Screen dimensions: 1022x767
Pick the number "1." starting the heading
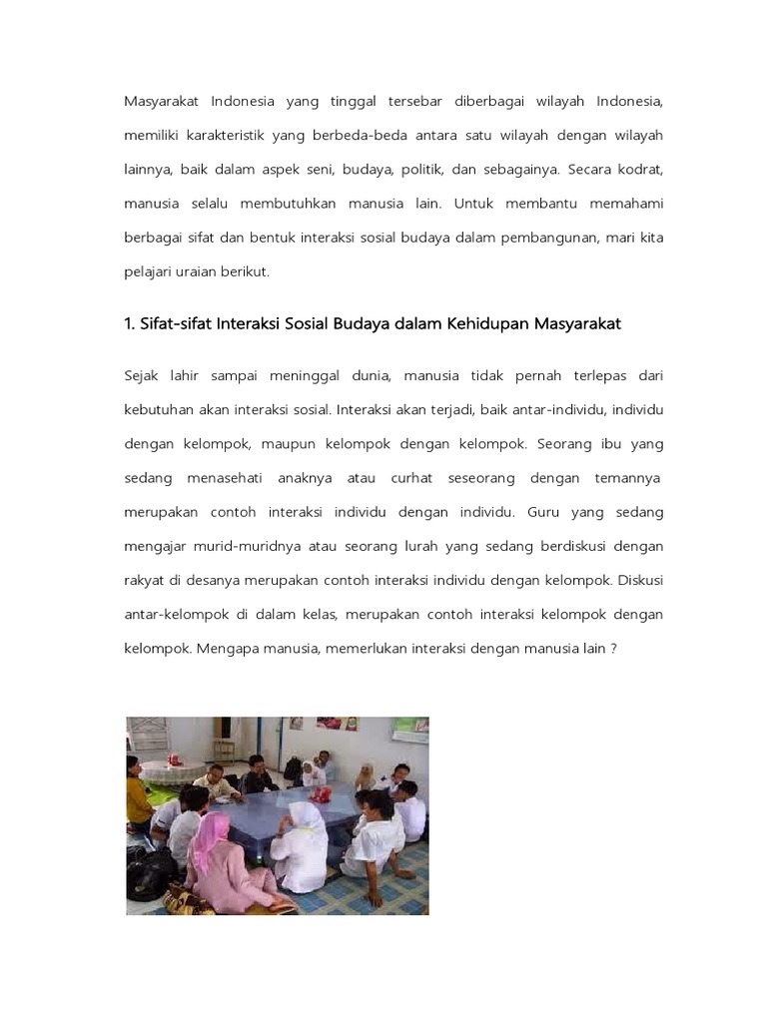pyautogui.click(x=130, y=322)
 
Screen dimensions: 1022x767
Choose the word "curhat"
pyautogui.click(x=411, y=478)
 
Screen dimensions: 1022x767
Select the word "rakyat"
pyautogui.click(x=146, y=580)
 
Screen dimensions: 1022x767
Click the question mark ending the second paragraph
pyautogui.click(x=614, y=648)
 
